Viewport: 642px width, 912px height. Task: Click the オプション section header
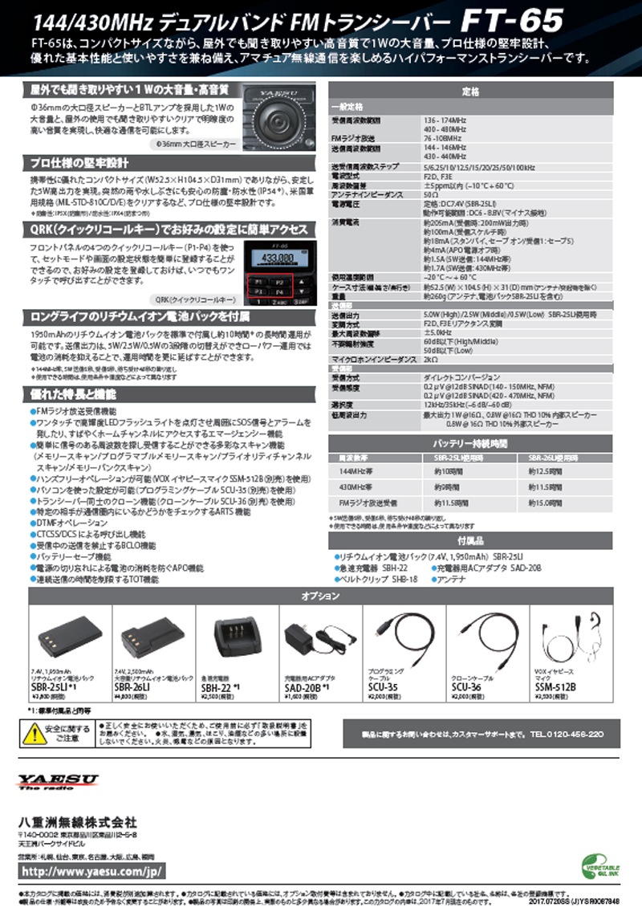(x=320, y=596)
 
